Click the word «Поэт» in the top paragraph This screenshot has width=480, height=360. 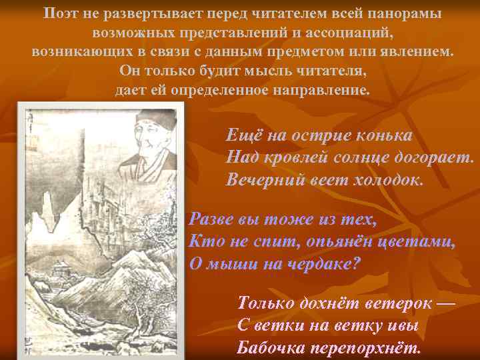61,13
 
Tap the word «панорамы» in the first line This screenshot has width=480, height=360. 403,13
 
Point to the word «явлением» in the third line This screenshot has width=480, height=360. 415,51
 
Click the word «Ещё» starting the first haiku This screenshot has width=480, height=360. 244,136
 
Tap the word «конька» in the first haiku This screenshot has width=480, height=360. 383,136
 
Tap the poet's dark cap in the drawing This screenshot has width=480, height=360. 154,121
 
